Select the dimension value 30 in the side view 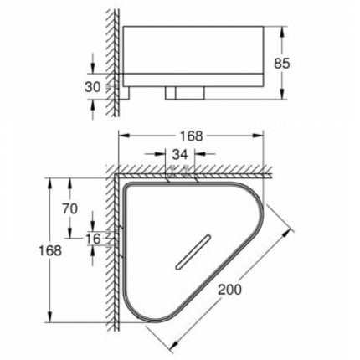click(93, 86)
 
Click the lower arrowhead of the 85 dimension click(284, 95)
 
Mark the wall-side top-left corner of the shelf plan click(128, 186)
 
